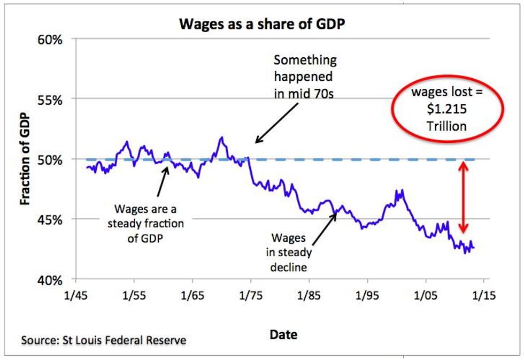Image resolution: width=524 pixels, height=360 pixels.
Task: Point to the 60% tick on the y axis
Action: point(51,40)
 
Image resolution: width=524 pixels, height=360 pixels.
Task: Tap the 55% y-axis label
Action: point(51,99)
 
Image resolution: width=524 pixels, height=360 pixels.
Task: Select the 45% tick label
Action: point(51,220)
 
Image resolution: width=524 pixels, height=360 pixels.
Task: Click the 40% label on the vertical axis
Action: point(51,280)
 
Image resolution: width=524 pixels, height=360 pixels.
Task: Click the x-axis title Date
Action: point(284,335)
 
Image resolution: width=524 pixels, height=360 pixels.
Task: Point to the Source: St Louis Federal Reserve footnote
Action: point(104,340)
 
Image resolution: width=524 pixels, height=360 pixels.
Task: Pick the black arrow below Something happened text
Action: point(277,123)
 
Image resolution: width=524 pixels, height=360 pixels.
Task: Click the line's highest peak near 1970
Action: point(221,137)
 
